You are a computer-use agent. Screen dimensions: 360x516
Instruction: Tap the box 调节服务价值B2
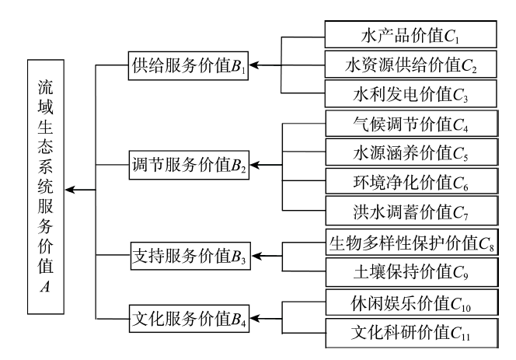(187, 166)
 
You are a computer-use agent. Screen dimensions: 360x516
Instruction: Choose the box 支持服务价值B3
(187, 254)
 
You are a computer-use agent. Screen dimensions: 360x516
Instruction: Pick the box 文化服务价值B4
(187, 318)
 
